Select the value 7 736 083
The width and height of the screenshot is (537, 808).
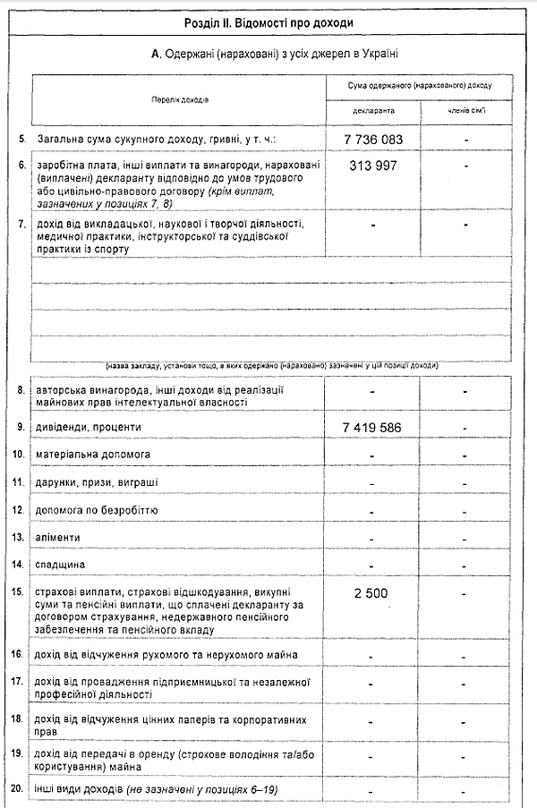[373, 140]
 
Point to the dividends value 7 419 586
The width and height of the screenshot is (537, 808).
[373, 427]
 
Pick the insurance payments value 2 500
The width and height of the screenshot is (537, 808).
[371, 593]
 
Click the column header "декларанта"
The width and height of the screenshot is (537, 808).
[372, 111]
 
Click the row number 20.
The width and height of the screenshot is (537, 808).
[17, 788]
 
